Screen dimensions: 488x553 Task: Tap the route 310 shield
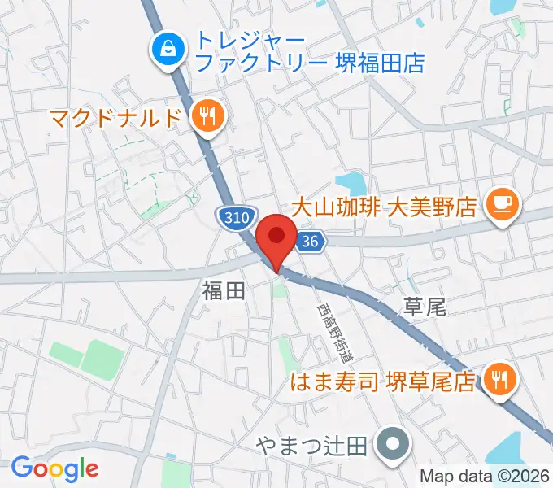[x=234, y=216]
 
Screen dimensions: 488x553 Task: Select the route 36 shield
[x=309, y=241]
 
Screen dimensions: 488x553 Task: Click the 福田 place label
[x=224, y=292]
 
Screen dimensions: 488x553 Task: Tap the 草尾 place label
[x=425, y=307]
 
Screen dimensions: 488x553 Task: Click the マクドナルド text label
[x=114, y=118]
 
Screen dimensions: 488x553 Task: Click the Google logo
[x=54, y=468]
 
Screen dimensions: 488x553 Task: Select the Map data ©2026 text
[x=485, y=477]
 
